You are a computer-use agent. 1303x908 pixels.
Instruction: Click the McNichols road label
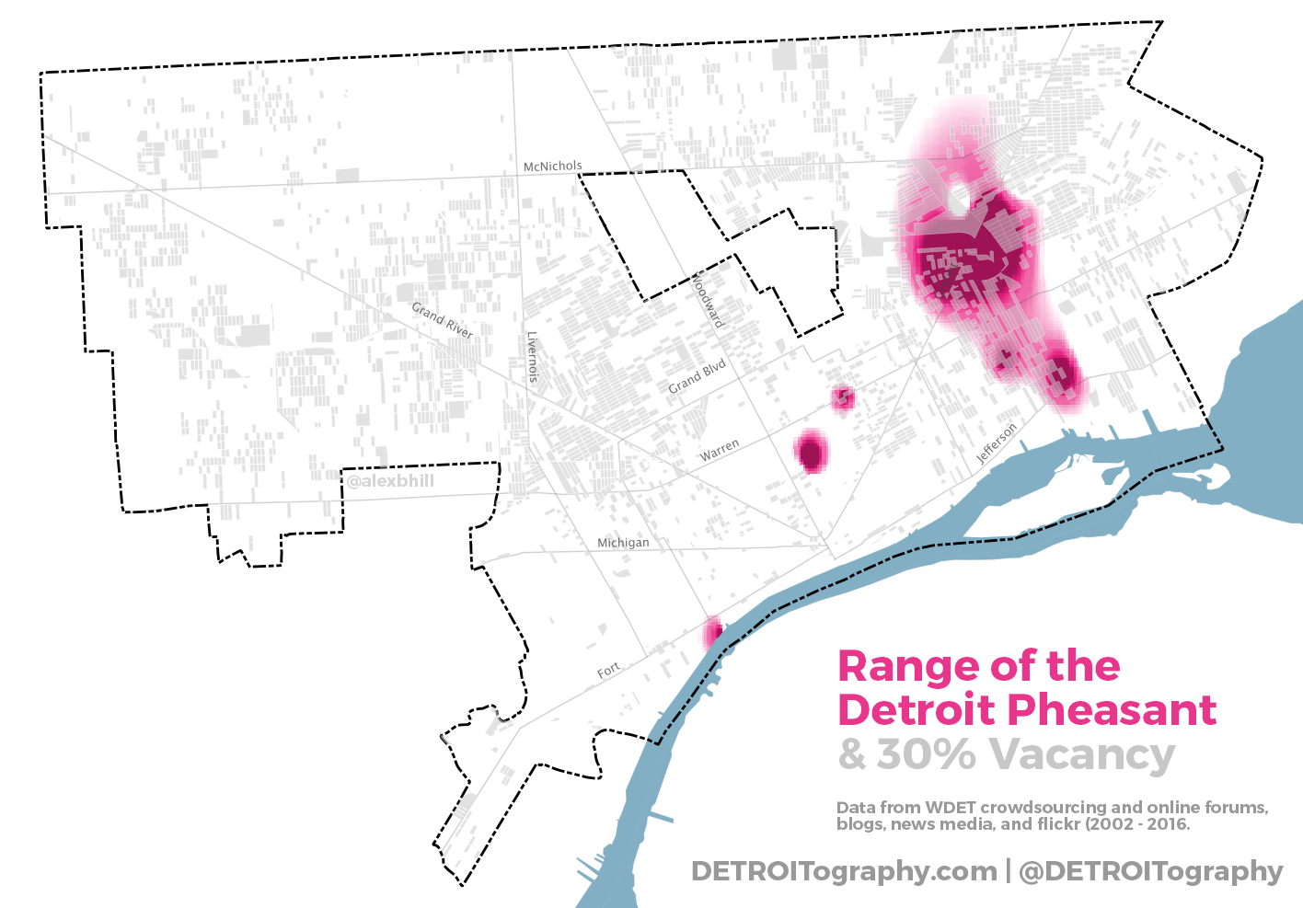552,167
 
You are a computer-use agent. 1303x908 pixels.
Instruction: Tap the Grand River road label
442,320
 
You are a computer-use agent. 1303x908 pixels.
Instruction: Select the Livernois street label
532,357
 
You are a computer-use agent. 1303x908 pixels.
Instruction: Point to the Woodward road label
708,300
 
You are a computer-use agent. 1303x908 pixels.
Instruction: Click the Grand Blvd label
697,376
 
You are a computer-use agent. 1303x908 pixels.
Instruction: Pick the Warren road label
719,450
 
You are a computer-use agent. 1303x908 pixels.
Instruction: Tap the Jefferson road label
997,443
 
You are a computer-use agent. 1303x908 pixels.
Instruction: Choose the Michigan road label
623,543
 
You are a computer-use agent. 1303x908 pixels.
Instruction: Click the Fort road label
608,671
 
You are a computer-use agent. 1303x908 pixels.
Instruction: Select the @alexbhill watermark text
390,481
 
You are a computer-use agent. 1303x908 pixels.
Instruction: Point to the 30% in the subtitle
925,754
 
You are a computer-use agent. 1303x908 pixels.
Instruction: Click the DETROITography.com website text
844,871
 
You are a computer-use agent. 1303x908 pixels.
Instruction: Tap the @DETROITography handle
1150,871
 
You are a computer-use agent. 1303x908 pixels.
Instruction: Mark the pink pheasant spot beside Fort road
712,633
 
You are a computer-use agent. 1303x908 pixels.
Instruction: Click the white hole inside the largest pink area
959,198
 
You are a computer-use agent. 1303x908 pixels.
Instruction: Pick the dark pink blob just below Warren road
811,452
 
